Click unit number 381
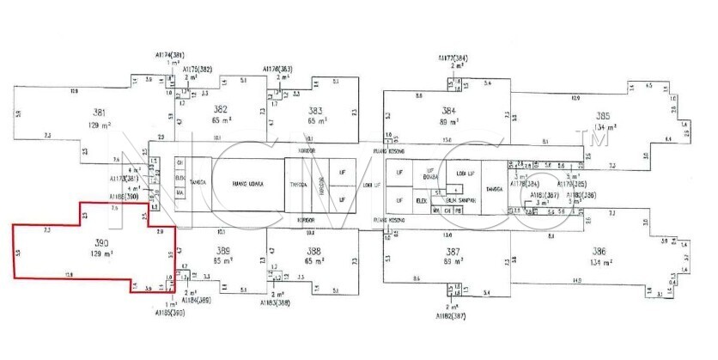pos(100,113)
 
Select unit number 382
pos(221,109)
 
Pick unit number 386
pos(599,251)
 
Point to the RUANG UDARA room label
pos(247,184)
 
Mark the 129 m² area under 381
pos(101,125)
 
